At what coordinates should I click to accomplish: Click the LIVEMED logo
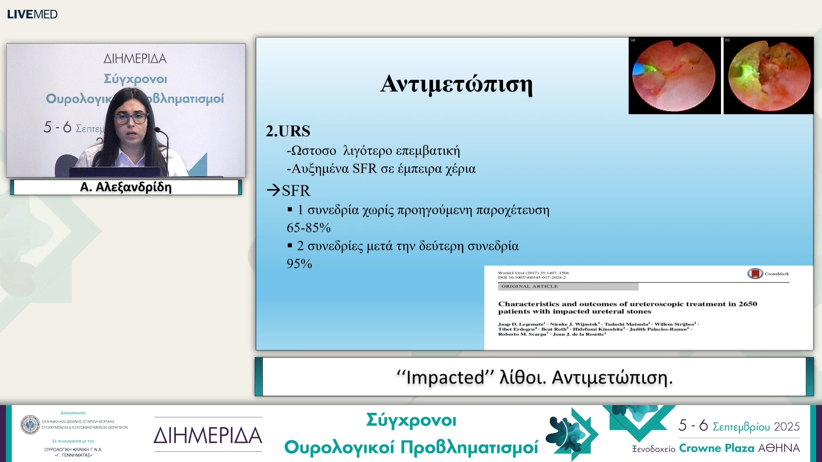click(x=32, y=14)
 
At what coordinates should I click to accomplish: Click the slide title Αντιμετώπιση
click(x=456, y=84)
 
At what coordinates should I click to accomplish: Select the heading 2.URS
click(x=288, y=131)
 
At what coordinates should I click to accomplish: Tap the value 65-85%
click(x=308, y=228)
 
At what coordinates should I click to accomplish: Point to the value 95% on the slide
click(x=299, y=264)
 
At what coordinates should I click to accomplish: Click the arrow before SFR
click(x=273, y=190)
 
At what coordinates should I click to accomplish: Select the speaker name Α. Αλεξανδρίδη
click(x=126, y=187)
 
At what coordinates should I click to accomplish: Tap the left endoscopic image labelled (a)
click(x=674, y=76)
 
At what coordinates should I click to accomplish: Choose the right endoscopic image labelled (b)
click(x=768, y=76)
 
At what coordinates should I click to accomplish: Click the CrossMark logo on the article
click(x=755, y=273)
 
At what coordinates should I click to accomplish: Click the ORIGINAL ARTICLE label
click(x=529, y=286)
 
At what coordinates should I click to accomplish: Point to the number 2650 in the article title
click(x=748, y=304)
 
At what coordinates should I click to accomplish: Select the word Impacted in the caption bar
click(x=445, y=377)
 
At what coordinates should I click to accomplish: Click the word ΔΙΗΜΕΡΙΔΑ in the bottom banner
click(x=208, y=435)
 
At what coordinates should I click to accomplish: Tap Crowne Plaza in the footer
click(x=716, y=448)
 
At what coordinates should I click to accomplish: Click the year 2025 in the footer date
click(x=786, y=426)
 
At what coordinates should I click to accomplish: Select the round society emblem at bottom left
click(x=30, y=425)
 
